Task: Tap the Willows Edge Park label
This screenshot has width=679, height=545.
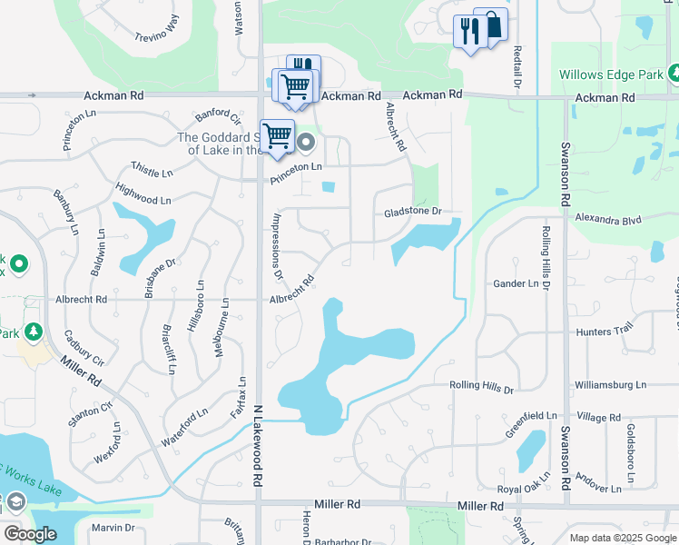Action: [611, 74]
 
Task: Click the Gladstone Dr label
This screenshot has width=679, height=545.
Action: [411, 212]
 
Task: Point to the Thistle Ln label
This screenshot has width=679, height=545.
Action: [151, 169]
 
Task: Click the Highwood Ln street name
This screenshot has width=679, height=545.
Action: [143, 193]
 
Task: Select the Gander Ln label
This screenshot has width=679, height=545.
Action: [515, 284]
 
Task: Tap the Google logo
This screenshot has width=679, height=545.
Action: [30, 534]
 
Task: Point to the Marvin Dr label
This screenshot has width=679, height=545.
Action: [113, 528]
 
